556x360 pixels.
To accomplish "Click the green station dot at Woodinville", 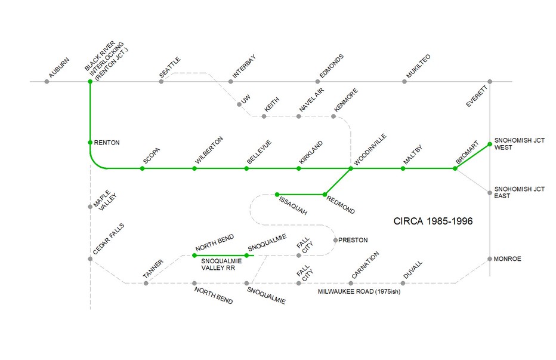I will coord(351,168).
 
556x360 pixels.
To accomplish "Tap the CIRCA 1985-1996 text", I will coord(433,221).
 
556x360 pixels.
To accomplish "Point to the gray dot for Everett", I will coord(490,81).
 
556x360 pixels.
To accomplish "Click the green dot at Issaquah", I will coord(277,194).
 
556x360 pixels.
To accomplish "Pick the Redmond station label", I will coord(342,205).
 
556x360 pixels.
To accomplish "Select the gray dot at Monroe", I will coord(490,259).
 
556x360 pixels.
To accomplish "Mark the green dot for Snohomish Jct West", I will coord(490,144).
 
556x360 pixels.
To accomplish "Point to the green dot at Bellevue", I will coord(246,168).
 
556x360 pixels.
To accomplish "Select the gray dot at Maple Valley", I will coord(90,207).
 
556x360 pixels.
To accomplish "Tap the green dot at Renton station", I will coord(90,143).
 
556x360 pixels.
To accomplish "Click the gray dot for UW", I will coord(239,104).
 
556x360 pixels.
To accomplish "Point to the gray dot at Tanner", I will coord(146,283).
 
